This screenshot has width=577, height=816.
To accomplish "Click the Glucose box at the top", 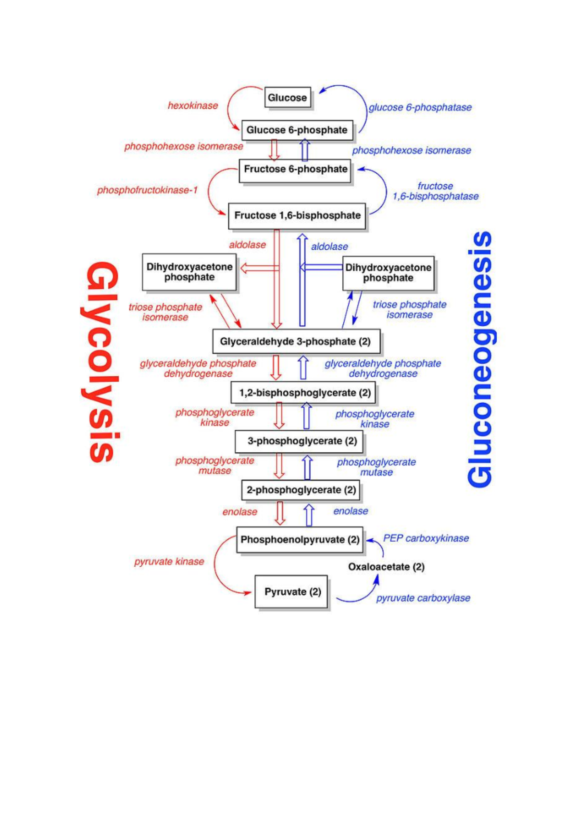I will tap(288, 98).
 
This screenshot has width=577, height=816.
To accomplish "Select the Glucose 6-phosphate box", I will tap(297, 130).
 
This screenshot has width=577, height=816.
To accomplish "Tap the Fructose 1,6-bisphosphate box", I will tap(297, 216).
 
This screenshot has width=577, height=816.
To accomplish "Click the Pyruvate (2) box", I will tap(292, 592).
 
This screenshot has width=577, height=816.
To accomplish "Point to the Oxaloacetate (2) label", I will tap(386, 567).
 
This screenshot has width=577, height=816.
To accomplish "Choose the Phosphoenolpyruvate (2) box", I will tap(300, 540).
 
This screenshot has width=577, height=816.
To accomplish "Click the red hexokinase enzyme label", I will tap(193, 106).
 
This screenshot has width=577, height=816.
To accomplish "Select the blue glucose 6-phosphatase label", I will tap(420, 108).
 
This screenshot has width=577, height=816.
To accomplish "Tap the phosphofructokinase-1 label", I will tap(147, 191).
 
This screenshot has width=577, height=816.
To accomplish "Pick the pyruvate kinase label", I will tap(169, 561).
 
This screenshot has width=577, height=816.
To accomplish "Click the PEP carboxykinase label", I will tap(426, 538).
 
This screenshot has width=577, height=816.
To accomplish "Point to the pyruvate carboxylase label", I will tap(423, 598).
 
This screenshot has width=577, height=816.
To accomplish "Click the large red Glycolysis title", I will tap(101, 362).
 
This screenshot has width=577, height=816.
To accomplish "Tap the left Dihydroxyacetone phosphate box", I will tap(189, 272).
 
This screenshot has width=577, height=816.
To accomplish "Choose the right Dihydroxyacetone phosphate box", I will tap(388, 273).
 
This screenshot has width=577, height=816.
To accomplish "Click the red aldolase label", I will tap(247, 245).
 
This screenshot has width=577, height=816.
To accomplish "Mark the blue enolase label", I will tap(351, 511).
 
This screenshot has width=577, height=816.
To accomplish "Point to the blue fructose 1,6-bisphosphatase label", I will tap(435, 191).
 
